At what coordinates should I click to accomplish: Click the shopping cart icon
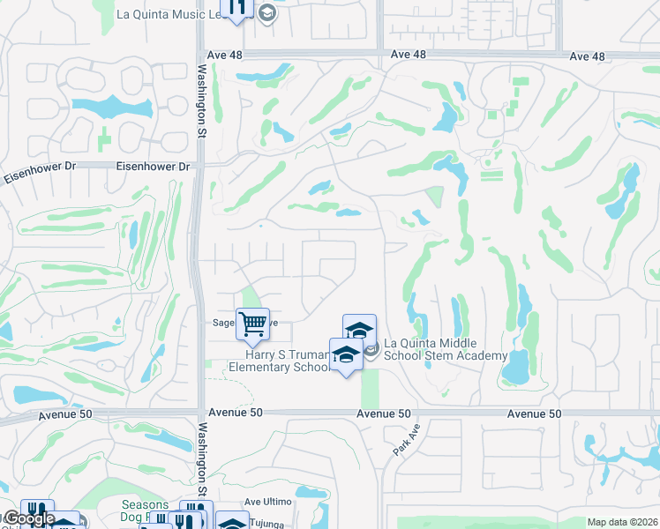[252, 323]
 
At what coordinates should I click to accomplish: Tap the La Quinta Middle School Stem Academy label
[445, 349]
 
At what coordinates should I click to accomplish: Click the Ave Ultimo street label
[267, 502]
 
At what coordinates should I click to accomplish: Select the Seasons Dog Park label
[144, 511]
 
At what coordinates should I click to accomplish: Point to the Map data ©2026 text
[621, 522]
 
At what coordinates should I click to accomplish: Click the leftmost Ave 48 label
[224, 55]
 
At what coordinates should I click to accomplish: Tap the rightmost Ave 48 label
[588, 56]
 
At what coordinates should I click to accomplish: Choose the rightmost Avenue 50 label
[535, 414]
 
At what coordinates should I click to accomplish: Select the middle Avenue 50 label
[385, 414]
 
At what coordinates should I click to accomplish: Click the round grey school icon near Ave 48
[267, 13]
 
